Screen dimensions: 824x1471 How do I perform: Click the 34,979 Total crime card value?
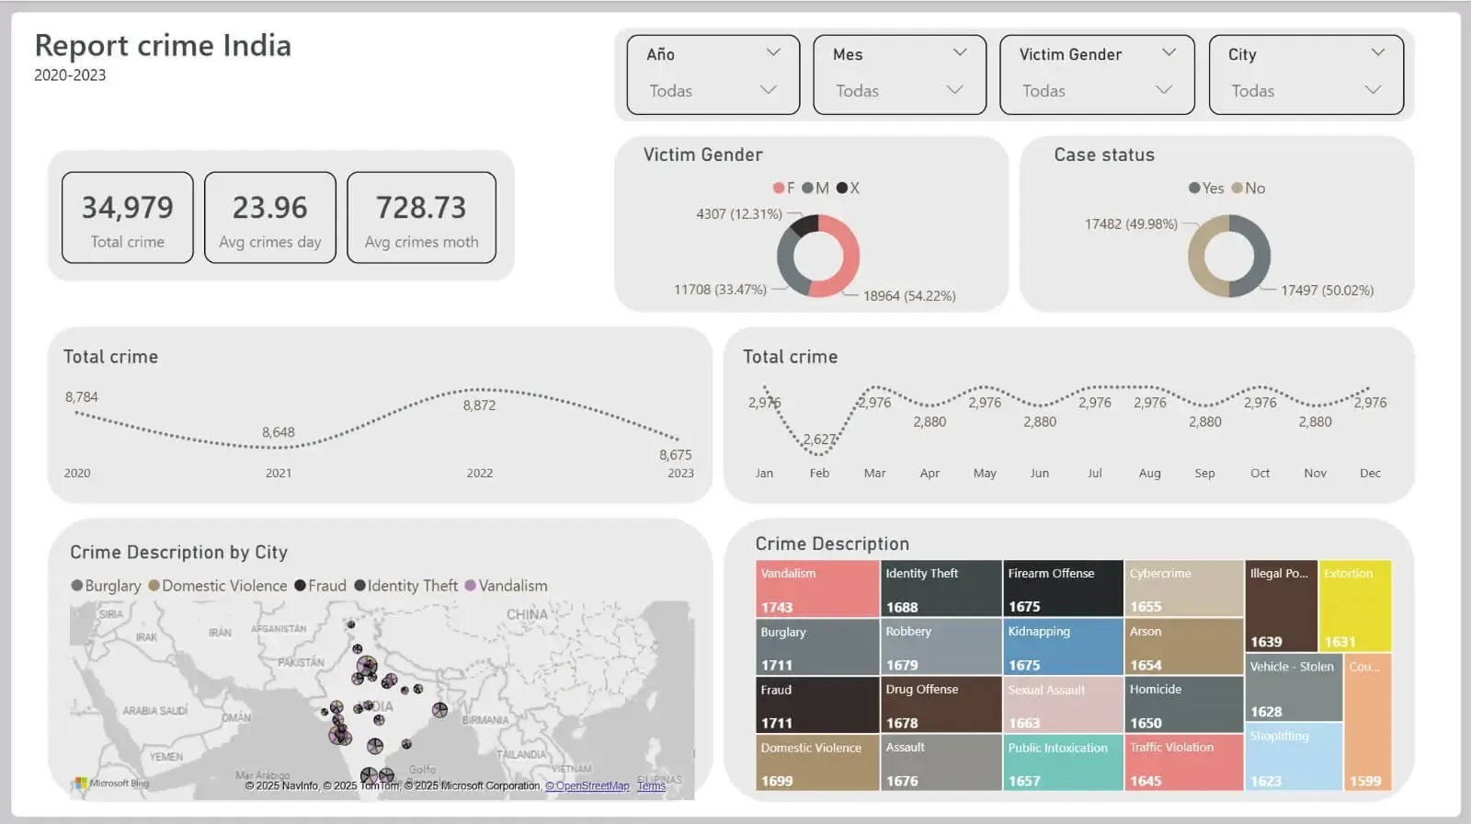[128, 208]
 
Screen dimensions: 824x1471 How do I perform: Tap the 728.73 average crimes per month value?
[421, 208]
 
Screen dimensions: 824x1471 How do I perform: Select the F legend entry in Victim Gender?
[784, 188]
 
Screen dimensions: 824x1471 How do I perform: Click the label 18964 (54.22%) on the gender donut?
[909, 296]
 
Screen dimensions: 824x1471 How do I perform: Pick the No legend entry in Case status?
[1249, 188]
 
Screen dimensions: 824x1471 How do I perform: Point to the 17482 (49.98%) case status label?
[1131, 223]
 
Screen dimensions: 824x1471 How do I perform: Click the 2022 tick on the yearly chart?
[480, 473]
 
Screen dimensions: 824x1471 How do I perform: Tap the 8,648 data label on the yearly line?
[279, 432]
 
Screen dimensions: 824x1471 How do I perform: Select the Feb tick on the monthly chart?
[819, 473]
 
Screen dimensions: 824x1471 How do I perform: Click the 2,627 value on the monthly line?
[819, 440]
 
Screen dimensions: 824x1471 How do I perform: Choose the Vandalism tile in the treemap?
[817, 589]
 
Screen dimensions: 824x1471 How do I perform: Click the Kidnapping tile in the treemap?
[1062, 647]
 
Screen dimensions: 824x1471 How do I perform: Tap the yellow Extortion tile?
[1354, 605]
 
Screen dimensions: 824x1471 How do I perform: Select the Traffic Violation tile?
[1183, 762]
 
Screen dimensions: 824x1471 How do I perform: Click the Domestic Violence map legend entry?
[218, 586]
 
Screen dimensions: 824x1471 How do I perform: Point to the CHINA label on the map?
[527, 614]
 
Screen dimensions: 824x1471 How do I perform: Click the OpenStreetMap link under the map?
[587, 786]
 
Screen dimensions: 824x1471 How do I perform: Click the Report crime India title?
[163, 45]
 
